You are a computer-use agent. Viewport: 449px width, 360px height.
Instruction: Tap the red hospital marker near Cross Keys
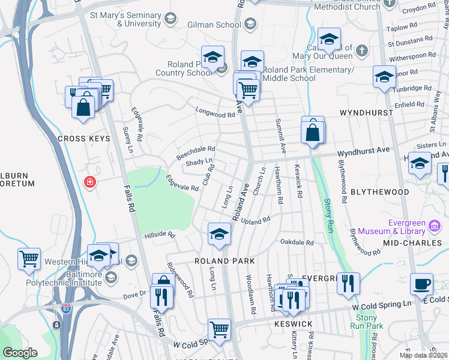(x=90, y=181)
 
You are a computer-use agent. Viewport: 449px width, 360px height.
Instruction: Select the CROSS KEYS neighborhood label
(x=84, y=139)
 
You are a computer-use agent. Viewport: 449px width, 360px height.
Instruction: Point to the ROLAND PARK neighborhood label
(x=224, y=261)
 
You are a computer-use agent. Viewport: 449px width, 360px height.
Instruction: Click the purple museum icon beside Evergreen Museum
(x=434, y=226)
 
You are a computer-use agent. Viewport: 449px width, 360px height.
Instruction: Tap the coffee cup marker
(x=421, y=284)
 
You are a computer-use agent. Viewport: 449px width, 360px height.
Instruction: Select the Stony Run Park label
(x=370, y=322)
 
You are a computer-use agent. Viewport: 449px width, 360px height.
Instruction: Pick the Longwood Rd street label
(x=214, y=113)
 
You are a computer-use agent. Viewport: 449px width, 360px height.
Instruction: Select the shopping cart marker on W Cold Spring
(x=219, y=329)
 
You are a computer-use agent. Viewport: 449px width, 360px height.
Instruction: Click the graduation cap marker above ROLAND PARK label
(x=219, y=234)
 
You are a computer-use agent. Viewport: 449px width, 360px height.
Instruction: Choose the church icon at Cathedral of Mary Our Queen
(x=361, y=50)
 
